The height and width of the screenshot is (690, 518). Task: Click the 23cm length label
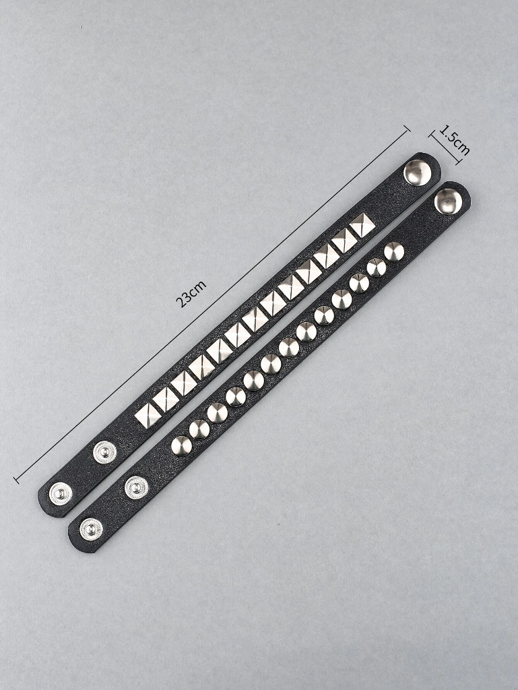point(191,293)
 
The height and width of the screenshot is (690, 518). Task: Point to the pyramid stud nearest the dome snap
point(363,226)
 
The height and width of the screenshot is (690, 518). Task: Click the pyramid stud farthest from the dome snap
point(148,414)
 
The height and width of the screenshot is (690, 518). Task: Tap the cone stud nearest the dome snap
point(394,251)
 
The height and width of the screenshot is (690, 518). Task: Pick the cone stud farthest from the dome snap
point(182,446)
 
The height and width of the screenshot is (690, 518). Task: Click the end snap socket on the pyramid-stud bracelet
point(61,494)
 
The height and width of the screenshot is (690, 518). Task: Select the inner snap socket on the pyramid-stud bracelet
point(105,452)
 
